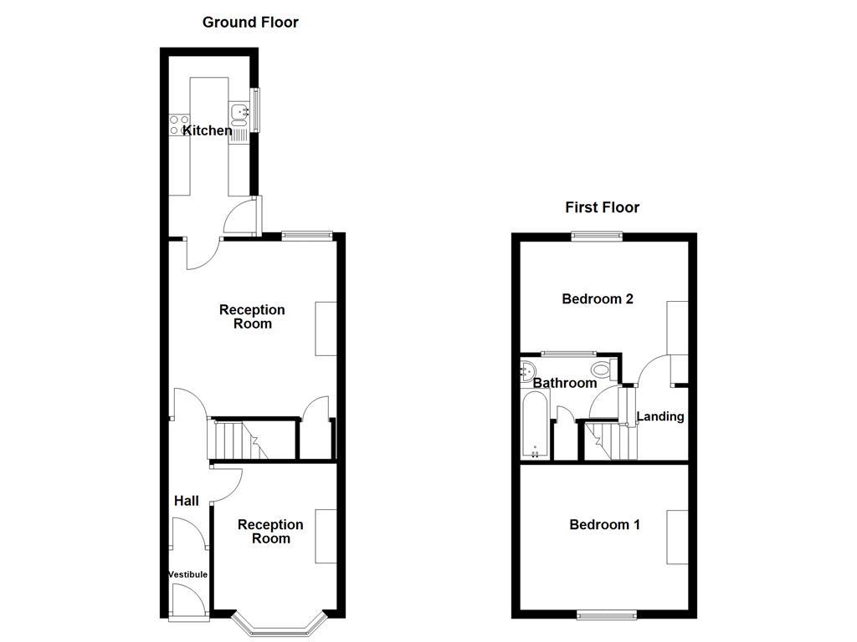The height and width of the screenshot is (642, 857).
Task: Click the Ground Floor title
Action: point(250,23)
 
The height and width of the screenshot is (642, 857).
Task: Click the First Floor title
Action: point(602,207)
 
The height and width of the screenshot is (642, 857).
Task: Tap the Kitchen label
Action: point(208,130)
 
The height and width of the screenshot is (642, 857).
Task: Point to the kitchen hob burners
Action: point(179,125)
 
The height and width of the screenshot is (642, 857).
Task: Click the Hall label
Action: point(186,501)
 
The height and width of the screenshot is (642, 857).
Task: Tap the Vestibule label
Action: point(187,574)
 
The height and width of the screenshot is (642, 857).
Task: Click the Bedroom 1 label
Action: point(604,525)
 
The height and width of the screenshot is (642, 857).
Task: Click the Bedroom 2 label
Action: point(597,298)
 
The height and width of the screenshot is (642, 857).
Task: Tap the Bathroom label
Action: point(565,383)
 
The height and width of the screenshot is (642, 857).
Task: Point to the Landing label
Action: point(660,416)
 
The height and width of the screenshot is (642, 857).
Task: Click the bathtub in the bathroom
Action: point(535,426)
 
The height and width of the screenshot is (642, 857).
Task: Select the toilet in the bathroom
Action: point(601,369)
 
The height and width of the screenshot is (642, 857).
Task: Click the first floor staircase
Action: point(609,441)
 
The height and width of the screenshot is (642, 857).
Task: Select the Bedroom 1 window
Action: point(606,615)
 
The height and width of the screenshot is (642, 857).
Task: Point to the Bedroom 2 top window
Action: point(597,237)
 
